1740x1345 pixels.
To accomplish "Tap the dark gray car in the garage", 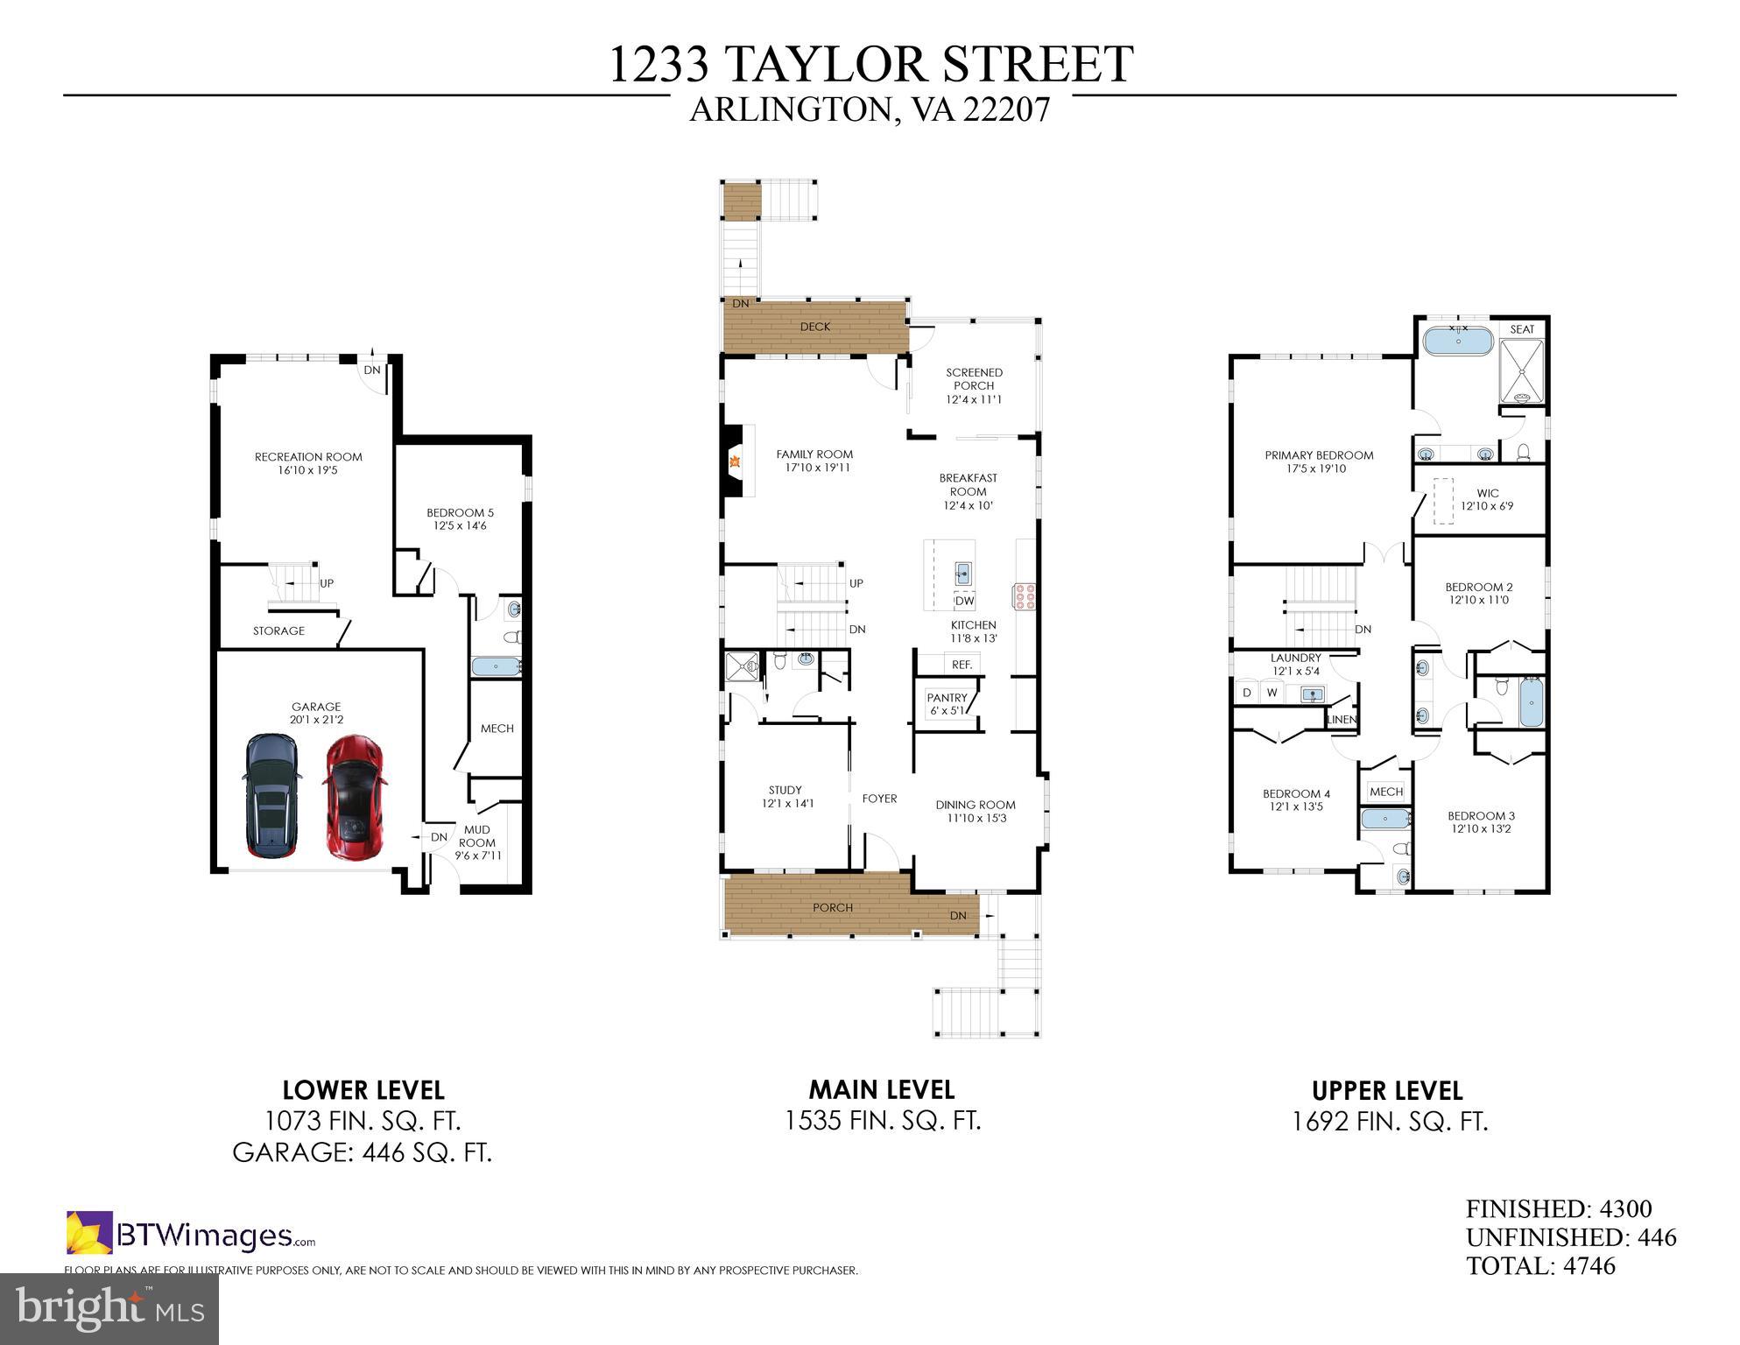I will pyautogui.click(x=271, y=795).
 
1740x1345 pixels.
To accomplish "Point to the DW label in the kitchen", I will pyautogui.click(x=964, y=601).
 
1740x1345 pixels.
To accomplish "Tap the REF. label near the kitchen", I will pyautogui.click(x=962, y=665).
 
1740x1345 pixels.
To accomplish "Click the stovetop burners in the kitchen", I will pyautogui.click(x=1025, y=595).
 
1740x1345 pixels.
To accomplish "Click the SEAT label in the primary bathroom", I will pyautogui.click(x=1522, y=329).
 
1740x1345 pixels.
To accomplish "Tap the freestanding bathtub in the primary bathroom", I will pyautogui.click(x=1458, y=341).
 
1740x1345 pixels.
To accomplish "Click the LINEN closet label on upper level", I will pyautogui.click(x=1342, y=720).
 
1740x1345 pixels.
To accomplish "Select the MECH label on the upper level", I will pyautogui.click(x=1385, y=792).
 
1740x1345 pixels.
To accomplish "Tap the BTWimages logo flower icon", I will pyautogui.click(x=89, y=1232).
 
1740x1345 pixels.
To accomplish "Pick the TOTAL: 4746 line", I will pyautogui.click(x=1540, y=1265).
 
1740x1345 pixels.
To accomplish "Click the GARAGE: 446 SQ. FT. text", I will pyautogui.click(x=362, y=1151).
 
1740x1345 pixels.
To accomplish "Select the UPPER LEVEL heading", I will pyautogui.click(x=1387, y=1091).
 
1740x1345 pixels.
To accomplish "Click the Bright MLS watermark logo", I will pyautogui.click(x=109, y=1309).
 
